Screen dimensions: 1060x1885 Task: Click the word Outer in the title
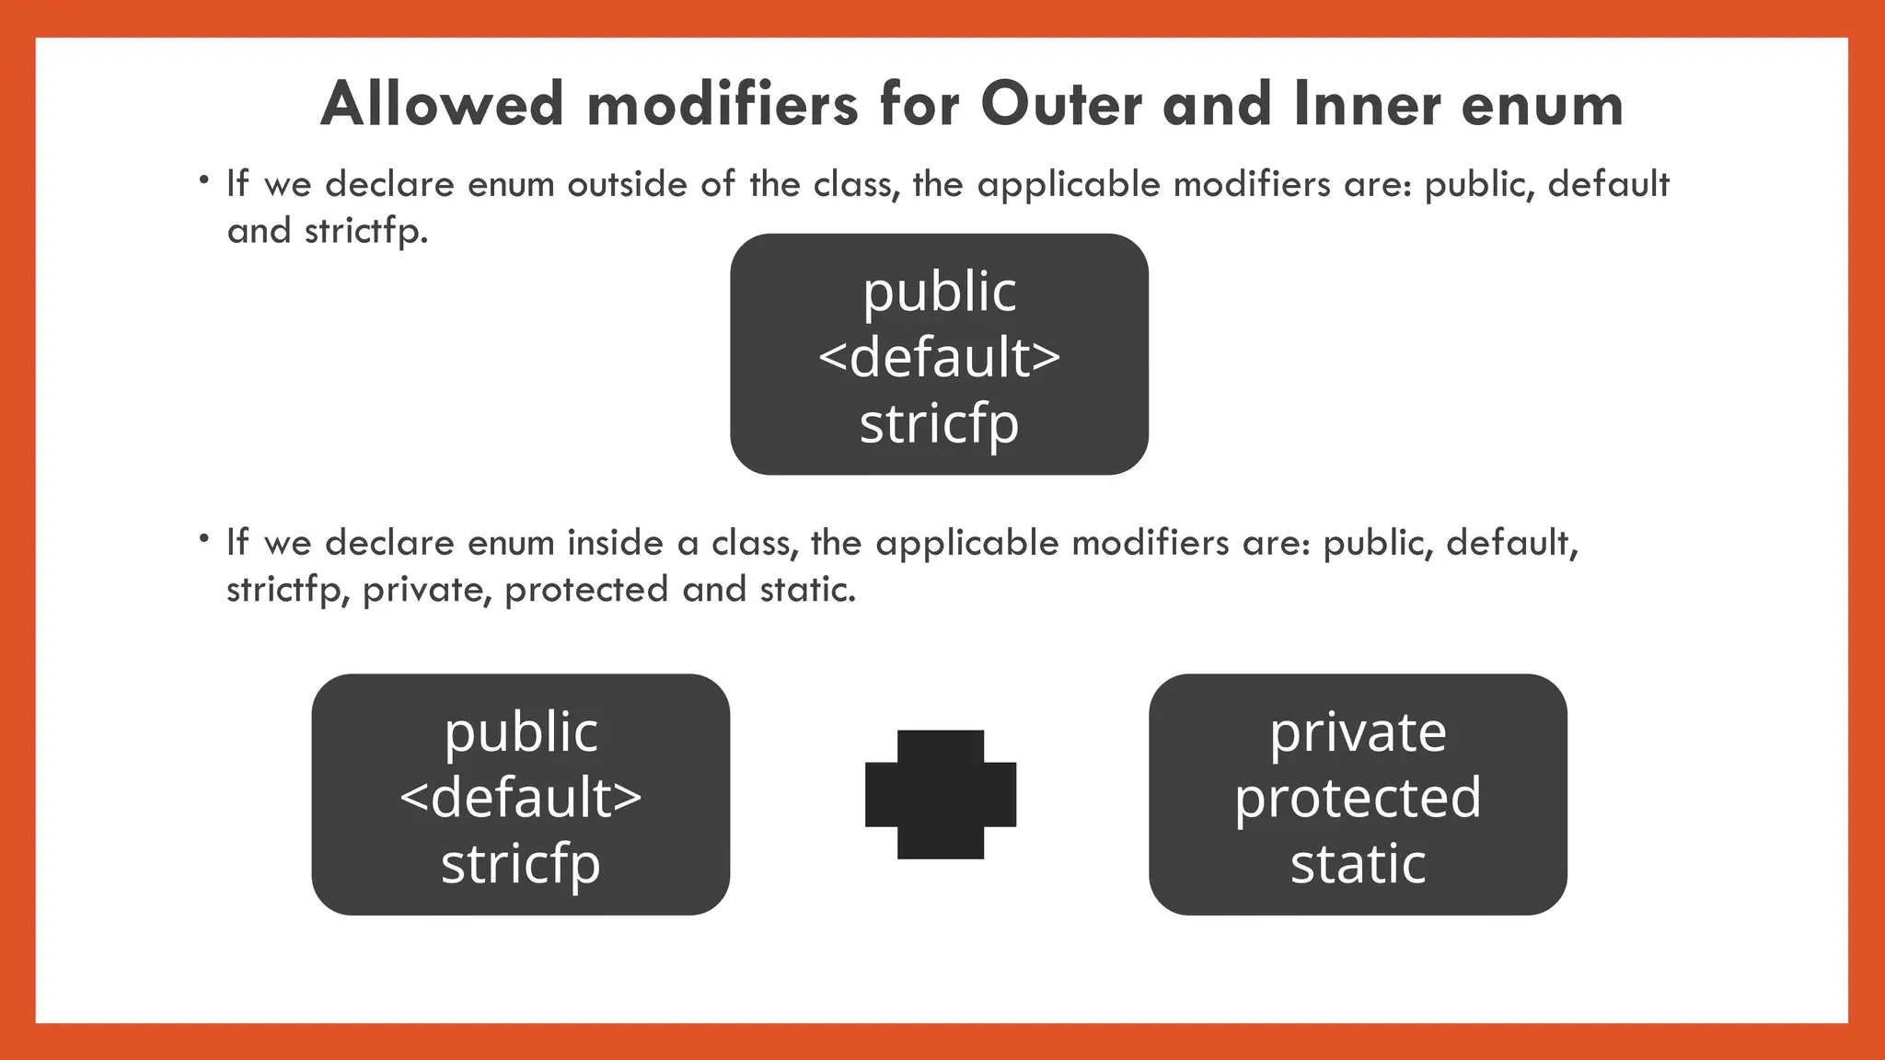click(1062, 104)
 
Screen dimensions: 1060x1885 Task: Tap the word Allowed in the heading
click(442, 104)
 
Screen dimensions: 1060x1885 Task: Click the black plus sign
click(941, 794)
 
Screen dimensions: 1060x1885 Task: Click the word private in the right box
click(1358, 732)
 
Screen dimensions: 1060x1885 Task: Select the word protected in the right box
click(1358, 798)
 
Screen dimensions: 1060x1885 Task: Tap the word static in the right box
click(1358, 863)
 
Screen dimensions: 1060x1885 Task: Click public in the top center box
click(939, 293)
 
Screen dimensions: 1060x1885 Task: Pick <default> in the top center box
click(939, 357)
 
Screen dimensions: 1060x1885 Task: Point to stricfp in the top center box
click(939, 423)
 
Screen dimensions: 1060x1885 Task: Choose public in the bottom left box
click(521, 732)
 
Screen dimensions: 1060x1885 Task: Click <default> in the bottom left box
click(521, 797)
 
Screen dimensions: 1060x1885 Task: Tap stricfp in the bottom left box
click(521, 863)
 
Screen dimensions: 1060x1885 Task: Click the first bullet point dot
click(202, 179)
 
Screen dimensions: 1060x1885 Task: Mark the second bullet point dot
click(202, 537)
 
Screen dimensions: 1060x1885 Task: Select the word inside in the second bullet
click(615, 543)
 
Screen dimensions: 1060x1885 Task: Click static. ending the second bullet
click(808, 590)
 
